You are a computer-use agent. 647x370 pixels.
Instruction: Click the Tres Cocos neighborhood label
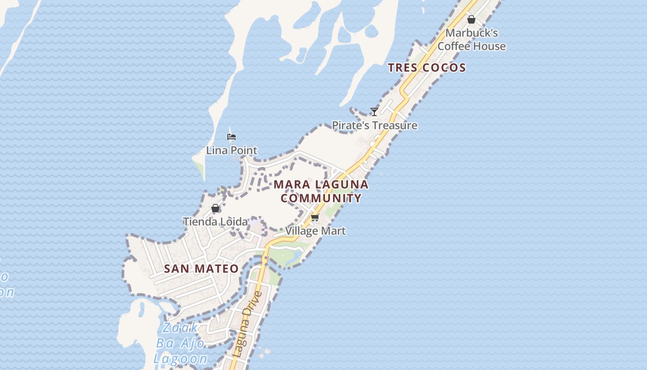(427, 68)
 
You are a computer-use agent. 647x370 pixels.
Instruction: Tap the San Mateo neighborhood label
(201, 269)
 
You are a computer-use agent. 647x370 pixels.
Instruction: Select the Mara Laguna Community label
(321, 191)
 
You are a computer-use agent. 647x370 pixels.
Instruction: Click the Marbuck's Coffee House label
(471, 40)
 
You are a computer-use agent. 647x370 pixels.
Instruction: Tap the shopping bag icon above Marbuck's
(471, 19)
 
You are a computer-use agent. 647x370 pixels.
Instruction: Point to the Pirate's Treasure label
(374, 125)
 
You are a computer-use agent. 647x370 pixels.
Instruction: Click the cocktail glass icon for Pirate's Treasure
(374, 111)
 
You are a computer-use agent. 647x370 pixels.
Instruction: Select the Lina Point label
(232, 150)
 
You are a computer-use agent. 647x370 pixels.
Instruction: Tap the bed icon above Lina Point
(232, 136)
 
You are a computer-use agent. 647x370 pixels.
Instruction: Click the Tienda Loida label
(215, 222)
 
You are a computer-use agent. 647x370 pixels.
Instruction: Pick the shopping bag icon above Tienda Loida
(215, 208)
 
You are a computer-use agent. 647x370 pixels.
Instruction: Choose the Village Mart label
(315, 231)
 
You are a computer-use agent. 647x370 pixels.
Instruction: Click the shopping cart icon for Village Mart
(315, 217)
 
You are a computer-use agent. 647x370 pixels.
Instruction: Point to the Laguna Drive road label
(248, 324)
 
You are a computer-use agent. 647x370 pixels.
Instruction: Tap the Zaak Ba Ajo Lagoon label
(181, 343)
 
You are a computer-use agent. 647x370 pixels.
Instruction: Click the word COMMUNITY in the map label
(321, 198)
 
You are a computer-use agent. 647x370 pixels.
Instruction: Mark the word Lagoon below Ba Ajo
(181, 358)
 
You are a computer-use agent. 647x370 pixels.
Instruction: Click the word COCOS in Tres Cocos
(444, 68)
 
